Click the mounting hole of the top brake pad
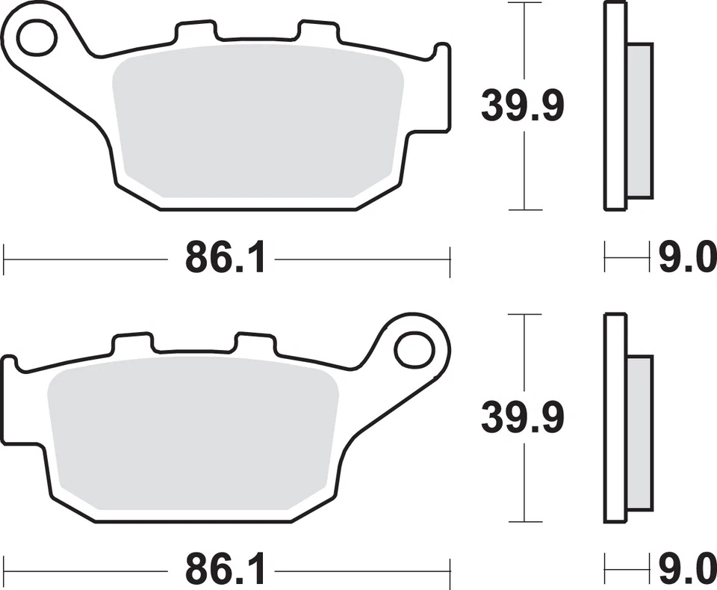point(37,38)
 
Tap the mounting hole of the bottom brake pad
point(415,349)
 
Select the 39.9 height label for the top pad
point(522,105)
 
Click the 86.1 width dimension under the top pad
point(225,259)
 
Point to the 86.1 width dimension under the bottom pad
point(225,571)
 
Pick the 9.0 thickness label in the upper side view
point(686,259)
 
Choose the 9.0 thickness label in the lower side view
point(686,571)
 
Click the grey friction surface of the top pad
point(254,123)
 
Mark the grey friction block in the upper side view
point(639,120)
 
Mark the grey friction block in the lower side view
point(639,432)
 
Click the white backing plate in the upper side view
point(615,105)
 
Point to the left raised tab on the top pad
point(196,31)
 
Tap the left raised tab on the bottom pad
point(132,343)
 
